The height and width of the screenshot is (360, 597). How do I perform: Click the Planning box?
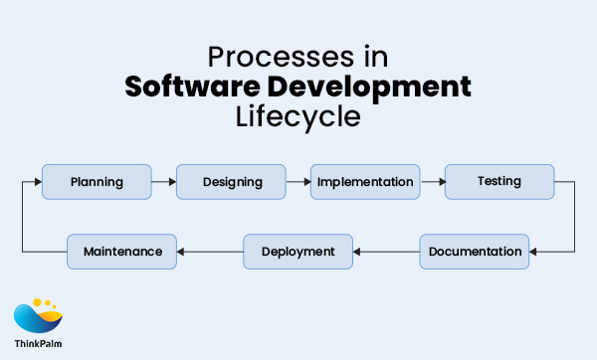coord(97,182)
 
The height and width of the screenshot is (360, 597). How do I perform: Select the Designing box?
coord(232,182)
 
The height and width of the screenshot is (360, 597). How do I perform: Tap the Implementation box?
coord(364,182)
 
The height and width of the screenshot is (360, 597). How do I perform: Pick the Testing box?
coord(498,182)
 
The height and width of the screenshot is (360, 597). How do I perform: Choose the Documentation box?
coord(475,252)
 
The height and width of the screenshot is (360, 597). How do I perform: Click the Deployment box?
coord(298,252)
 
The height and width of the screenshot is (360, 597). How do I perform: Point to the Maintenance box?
coord(122,252)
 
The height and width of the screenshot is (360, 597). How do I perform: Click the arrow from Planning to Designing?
coord(164,182)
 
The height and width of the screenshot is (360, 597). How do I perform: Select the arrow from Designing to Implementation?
coord(298,182)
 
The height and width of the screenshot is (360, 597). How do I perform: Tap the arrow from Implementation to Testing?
coord(431,182)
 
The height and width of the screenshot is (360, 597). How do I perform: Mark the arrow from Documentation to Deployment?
coord(386,252)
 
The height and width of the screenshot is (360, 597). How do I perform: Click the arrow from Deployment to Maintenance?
coord(210,252)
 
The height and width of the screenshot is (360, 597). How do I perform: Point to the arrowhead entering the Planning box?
coord(38,182)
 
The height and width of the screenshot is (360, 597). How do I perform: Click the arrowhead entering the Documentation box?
coord(535,252)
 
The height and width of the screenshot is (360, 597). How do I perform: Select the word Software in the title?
coord(194,87)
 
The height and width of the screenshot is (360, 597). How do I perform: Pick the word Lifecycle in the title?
coord(298,116)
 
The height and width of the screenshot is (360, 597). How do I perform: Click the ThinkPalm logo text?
coord(38,344)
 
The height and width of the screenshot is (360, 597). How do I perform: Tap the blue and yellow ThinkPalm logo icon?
coord(38,317)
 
